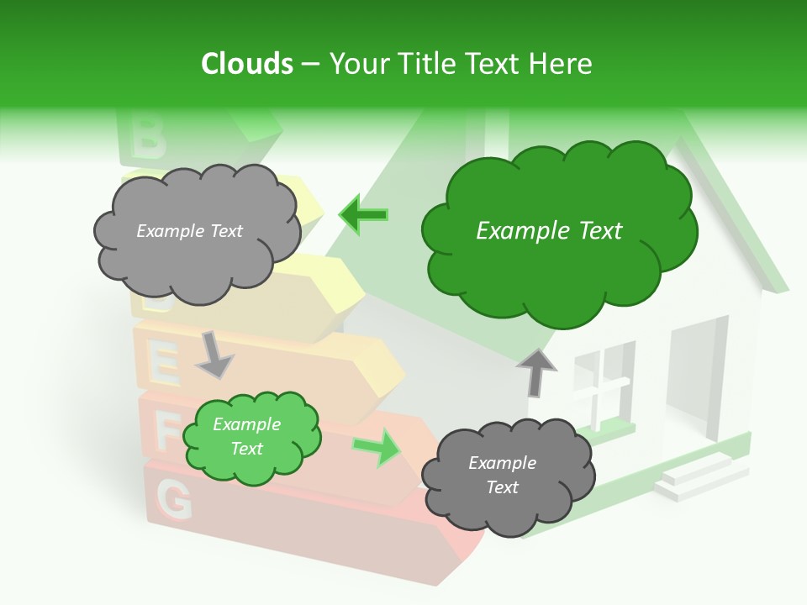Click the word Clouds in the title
point(247,64)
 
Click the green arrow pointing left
point(363,215)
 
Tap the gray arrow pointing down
point(214,354)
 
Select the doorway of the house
point(696,378)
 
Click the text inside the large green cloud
point(549,231)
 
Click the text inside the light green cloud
point(246,436)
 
